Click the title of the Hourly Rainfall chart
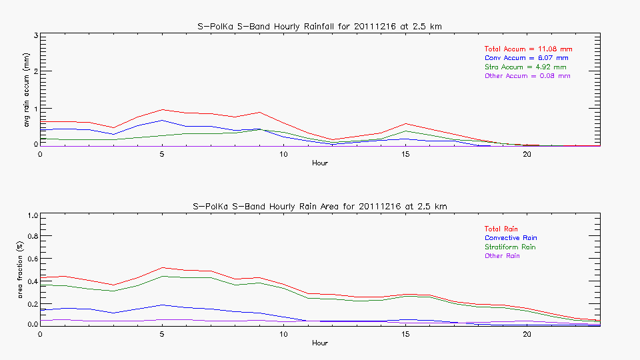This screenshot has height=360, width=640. coord(319,26)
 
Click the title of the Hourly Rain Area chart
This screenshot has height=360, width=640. coord(319,206)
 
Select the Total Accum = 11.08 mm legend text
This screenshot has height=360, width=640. coord(528,49)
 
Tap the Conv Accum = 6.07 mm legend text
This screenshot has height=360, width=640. coord(526,58)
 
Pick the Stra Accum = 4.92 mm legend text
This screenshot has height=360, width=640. coord(526,67)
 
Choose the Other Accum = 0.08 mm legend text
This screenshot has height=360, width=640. coord(527,76)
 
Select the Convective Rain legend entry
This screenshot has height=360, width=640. coord(511,238)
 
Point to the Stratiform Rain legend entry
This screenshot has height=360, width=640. coord(510,247)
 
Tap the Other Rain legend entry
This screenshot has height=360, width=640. coord(502,256)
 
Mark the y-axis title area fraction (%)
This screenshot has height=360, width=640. coord(27,273)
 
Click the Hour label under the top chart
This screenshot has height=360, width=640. coord(319,163)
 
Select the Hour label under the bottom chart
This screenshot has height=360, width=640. coord(319,343)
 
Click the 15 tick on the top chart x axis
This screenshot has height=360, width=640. coord(405,154)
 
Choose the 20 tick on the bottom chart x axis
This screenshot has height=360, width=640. coord(527,334)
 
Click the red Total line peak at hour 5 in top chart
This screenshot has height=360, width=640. coord(162,110)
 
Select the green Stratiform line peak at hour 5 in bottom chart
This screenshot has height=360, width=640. coord(162,276)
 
